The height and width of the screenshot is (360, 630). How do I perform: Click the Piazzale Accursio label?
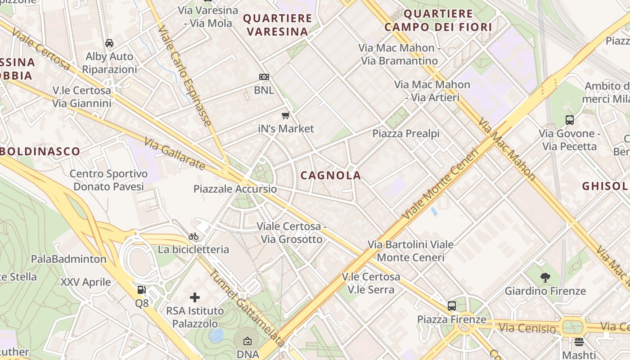(235, 189)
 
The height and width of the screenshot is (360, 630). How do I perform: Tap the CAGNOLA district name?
(331, 175)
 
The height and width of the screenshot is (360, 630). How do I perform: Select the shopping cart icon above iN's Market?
(285, 116)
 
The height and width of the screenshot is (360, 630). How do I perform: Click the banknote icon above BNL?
(264, 77)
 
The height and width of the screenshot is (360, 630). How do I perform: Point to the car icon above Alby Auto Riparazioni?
(109, 43)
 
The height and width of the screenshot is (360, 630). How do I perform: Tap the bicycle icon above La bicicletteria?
(193, 236)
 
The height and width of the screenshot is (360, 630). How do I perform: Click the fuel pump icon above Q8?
(141, 290)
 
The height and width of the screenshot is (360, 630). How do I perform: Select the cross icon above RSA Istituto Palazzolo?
(195, 297)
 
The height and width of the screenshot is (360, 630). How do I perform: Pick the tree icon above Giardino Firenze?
(545, 278)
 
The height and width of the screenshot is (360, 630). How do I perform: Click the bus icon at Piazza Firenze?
(452, 306)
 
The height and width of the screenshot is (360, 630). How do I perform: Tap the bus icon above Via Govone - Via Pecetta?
(570, 120)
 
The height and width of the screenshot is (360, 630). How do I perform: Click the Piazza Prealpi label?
(406, 134)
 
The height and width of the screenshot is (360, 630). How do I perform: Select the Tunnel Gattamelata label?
(247, 308)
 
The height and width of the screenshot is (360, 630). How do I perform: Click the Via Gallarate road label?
(175, 154)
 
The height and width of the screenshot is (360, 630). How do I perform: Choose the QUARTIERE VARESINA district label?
(278, 25)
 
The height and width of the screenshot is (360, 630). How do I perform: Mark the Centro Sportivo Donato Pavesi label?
(108, 180)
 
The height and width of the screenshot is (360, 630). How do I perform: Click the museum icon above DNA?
(247, 342)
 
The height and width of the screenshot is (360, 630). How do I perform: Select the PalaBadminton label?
(68, 259)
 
